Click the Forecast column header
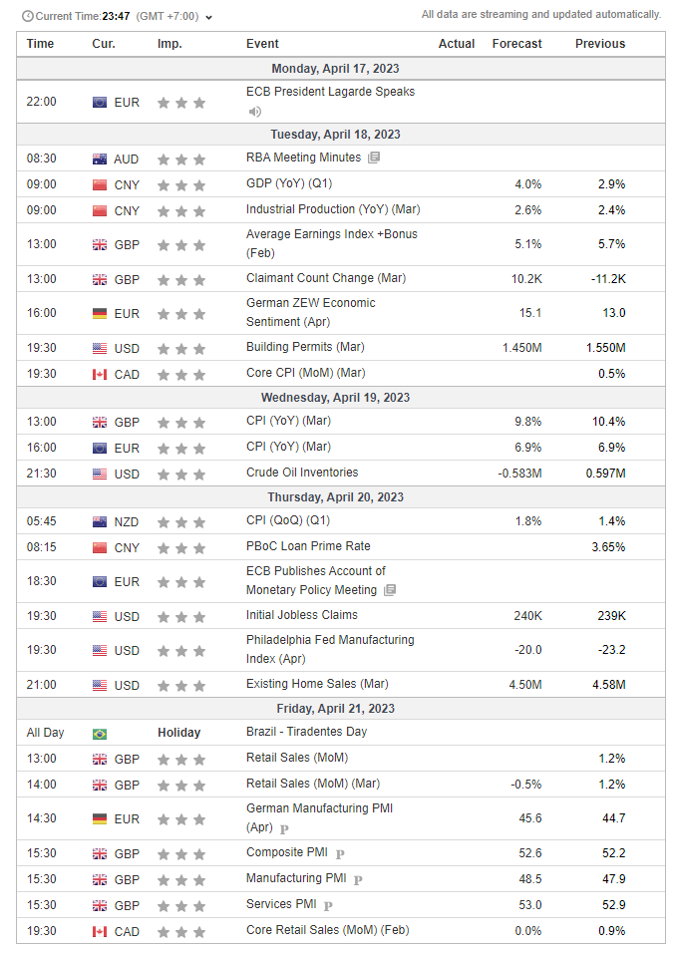516,44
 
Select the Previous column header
600,44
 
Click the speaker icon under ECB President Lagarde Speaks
255,111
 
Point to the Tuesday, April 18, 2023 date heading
341,135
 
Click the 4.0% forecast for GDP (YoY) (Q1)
528,184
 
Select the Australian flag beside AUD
100,159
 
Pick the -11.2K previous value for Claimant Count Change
606,279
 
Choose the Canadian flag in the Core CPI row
100,375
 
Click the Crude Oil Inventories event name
302,473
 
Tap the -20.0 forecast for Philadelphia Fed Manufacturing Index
526,650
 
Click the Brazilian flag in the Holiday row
100,733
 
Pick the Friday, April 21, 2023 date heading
341,709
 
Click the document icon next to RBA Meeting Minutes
374,159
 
